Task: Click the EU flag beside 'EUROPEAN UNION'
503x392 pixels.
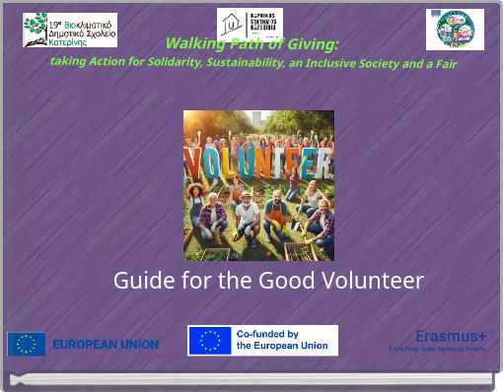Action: click(x=27, y=344)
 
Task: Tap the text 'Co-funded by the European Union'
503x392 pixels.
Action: click(x=282, y=341)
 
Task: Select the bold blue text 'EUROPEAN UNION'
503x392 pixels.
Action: click(x=106, y=345)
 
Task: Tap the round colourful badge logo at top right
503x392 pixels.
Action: click(x=455, y=29)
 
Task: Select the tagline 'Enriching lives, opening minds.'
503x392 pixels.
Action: click(x=437, y=349)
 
